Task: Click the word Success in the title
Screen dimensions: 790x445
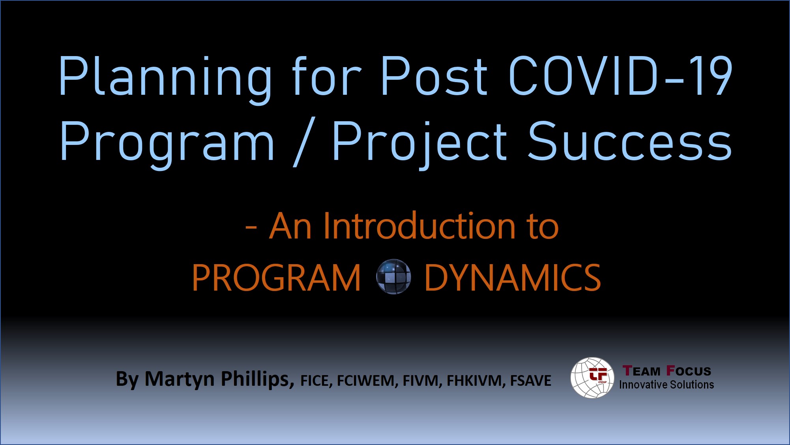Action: coord(630,141)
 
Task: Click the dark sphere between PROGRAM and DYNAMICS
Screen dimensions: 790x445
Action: coord(393,277)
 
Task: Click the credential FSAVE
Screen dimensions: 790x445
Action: coord(531,381)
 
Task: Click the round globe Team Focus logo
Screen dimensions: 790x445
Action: coord(592,377)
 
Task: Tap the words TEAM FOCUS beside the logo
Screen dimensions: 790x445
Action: coord(666,371)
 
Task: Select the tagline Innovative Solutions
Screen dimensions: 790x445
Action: coord(666,385)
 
